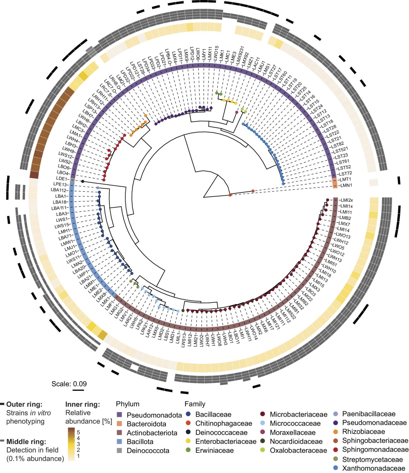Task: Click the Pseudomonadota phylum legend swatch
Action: pos(120,415)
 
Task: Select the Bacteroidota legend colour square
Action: pos(120,424)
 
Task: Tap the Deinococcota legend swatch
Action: pos(120,451)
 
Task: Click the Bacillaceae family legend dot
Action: pos(188,414)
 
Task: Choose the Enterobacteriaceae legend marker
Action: pos(188,441)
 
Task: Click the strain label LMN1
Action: pos(346,185)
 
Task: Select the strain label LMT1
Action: pos(345,179)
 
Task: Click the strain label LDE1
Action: pos(62,179)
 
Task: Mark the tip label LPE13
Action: pos(60,184)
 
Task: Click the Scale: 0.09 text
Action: pos(69,384)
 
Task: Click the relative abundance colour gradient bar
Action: pos(71,444)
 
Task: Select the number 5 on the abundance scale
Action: pos(79,432)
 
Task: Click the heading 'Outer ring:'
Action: pos(24,404)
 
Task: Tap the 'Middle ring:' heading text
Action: pos(26,441)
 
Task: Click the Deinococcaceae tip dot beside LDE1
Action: pos(83,181)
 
